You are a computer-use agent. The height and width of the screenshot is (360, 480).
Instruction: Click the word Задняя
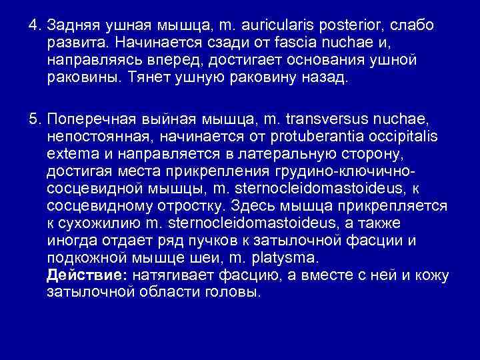[x=69, y=25]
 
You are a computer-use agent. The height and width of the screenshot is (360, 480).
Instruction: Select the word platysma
[x=287, y=257]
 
